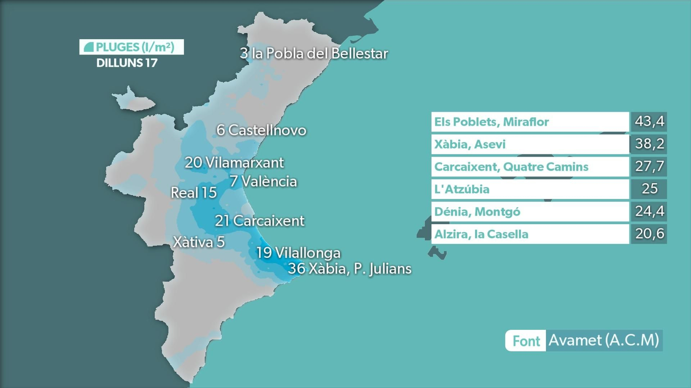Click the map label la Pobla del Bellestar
(314, 53)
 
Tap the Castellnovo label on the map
(262, 130)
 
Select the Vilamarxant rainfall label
(235, 163)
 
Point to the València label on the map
(263, 181)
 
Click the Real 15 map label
(193, 193)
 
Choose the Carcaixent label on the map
(260, 221)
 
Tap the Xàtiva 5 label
(199, 242)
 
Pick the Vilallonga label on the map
(298, 253)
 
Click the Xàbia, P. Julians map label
(349, 269)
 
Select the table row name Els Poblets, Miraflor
(491, 122)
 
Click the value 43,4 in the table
(649, 122)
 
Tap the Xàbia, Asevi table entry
(470, 144)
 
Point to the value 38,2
(649, 144)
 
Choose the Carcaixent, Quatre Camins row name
(511, 167)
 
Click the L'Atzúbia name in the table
(462, 189)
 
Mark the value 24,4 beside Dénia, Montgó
(649, 211)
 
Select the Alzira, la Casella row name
(481, 234)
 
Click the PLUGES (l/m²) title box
(131, 47)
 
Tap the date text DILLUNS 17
(127, 63)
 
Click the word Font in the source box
(526, 341)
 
